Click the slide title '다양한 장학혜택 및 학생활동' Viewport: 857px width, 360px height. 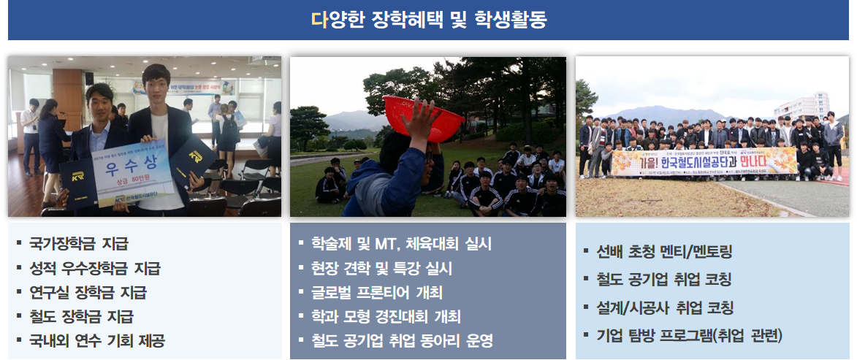[x=428, y=20]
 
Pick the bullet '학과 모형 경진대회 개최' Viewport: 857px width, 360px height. [x=385, y=316]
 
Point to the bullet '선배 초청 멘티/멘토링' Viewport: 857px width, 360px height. [x=664, y=252]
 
